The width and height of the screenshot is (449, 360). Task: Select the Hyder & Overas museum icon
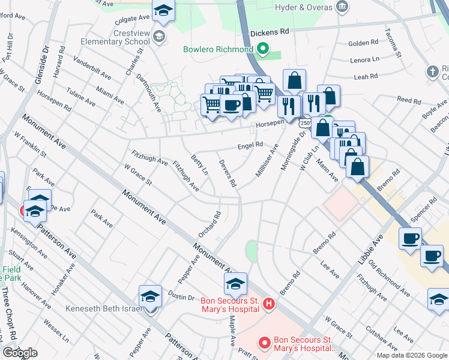coord(342,7)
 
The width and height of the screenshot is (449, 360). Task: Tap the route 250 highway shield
coord(304,122)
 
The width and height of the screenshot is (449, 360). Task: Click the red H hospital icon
coord(269,305)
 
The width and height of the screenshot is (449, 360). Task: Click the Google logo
coord(20,353)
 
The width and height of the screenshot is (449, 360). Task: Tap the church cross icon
coord(432,72)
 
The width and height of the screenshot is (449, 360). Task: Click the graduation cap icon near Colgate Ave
coord(163,11)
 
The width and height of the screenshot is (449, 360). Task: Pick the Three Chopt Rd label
coord(7,315)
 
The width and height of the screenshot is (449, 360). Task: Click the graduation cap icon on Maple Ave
coord(235,283)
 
